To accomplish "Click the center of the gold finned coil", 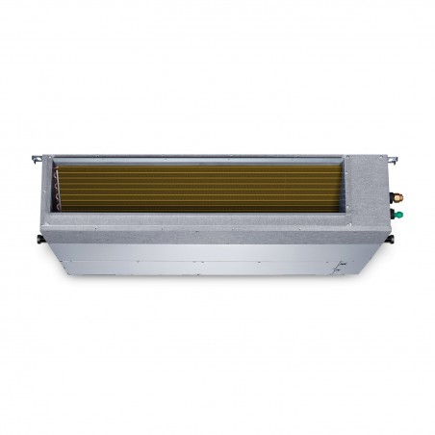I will (x=202, y=188).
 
